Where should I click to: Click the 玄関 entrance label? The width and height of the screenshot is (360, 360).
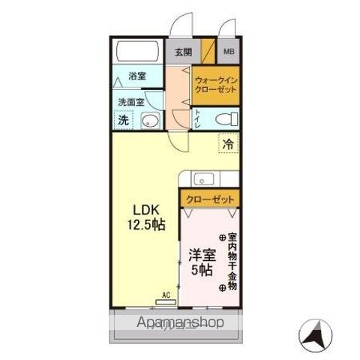point(182,52)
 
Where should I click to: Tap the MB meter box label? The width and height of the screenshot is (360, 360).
point(228,52)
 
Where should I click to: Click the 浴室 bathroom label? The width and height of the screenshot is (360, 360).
point(136,76)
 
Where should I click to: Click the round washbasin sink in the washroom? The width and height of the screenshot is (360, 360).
point(150,120)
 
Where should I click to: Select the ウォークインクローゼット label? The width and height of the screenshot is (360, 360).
point(215,84)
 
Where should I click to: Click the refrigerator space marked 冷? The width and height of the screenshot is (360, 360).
point(227,143)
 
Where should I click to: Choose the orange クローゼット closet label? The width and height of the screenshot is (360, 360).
point(209,199)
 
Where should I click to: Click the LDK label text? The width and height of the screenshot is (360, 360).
point(146,209)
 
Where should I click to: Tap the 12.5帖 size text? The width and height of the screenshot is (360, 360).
point(146,224)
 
